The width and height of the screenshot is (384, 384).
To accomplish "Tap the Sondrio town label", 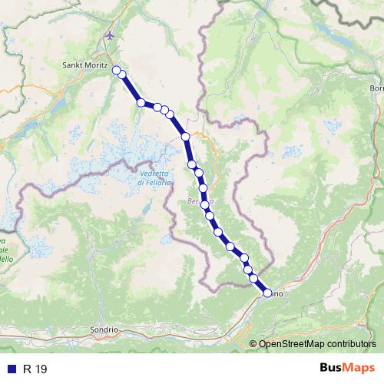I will coord(105,329).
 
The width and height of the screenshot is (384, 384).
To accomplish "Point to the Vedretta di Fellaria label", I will coord(153,177).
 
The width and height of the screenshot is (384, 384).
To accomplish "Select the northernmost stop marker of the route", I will coord(117,71).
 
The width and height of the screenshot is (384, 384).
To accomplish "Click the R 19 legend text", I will coord(35,369).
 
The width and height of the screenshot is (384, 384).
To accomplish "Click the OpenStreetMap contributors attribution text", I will coord(317,343).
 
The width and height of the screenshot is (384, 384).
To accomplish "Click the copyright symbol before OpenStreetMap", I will coord(253,343).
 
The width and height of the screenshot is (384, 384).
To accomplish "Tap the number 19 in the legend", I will coord(41,369).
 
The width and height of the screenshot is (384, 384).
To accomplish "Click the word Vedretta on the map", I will coord(153,173).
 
